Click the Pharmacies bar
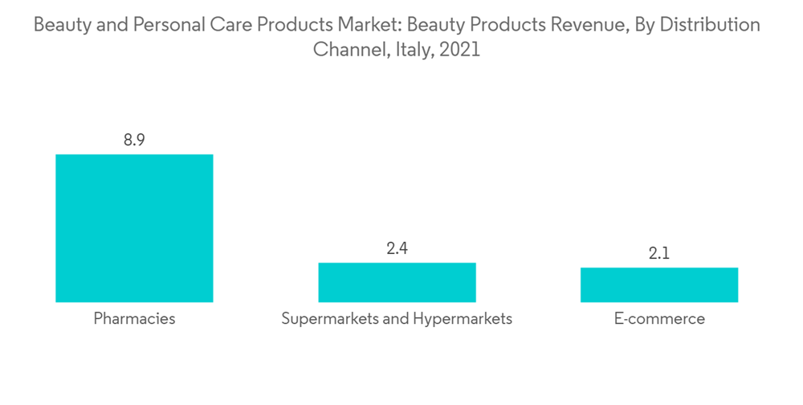(134, 228)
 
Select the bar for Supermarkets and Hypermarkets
(397, 282)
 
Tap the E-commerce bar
(659, 284)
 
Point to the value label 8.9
(134, 140)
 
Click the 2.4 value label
(397, 248)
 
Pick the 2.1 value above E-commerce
(659, 254)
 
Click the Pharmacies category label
(134, 319)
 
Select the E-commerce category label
(659, 319)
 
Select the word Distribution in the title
(709, 26)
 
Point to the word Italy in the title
(414, 50)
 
